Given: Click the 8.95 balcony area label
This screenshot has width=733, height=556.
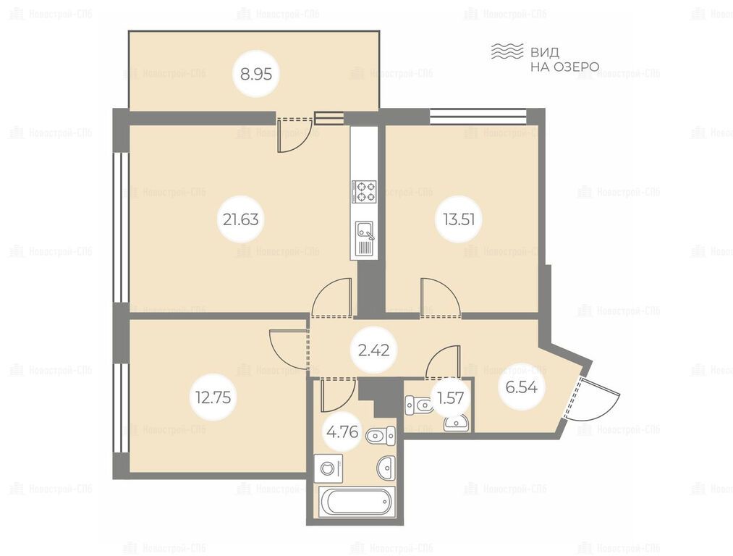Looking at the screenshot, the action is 255,74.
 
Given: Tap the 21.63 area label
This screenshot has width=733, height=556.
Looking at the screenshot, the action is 240,219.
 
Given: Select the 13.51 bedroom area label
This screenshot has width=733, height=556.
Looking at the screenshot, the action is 459,219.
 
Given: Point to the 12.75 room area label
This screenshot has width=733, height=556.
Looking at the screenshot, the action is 213,397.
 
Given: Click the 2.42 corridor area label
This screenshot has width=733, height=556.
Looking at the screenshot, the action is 374,350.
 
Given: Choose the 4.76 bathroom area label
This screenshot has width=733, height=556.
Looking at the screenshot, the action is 343,432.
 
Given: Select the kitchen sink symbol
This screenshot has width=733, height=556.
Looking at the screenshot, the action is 365,238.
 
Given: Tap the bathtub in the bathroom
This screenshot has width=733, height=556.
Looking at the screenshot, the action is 357,502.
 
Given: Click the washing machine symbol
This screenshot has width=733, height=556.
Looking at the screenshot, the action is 329,468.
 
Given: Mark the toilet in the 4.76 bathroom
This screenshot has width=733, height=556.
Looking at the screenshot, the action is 381,437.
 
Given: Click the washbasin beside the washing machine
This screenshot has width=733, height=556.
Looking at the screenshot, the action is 386,468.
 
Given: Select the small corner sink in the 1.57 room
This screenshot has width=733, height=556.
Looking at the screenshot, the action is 454,424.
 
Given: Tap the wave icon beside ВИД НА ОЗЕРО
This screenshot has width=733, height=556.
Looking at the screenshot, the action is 507,51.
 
